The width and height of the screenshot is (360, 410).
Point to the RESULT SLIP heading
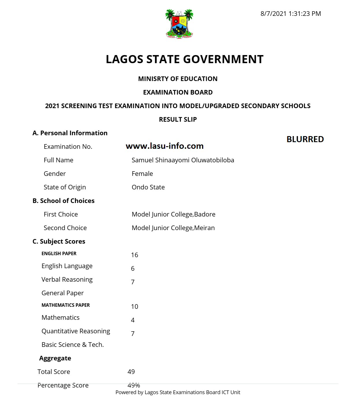point(178,119)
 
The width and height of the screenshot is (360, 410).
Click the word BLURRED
point(305,139)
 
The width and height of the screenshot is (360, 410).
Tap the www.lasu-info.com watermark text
point(165,146)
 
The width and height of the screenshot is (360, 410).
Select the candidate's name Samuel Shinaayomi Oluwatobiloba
point(183,160)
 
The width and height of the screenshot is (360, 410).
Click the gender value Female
point(142,174)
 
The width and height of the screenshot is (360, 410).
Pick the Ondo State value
point(148,187)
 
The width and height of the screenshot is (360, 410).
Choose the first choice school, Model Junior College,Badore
point(174,215)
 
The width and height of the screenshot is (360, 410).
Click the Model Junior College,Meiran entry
point(173,228)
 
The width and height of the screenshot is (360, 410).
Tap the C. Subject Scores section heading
point(59,242)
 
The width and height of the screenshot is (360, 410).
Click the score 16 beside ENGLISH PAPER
point(135,255)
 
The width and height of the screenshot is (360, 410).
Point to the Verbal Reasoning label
point(67,280)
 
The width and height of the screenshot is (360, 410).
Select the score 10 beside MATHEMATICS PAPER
point(135,307)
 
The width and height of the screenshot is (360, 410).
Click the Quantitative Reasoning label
point(76,331)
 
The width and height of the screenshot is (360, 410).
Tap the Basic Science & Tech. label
point(73,345)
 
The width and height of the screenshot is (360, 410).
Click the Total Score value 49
point(131,372)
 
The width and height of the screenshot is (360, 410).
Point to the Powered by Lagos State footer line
point(178,392)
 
